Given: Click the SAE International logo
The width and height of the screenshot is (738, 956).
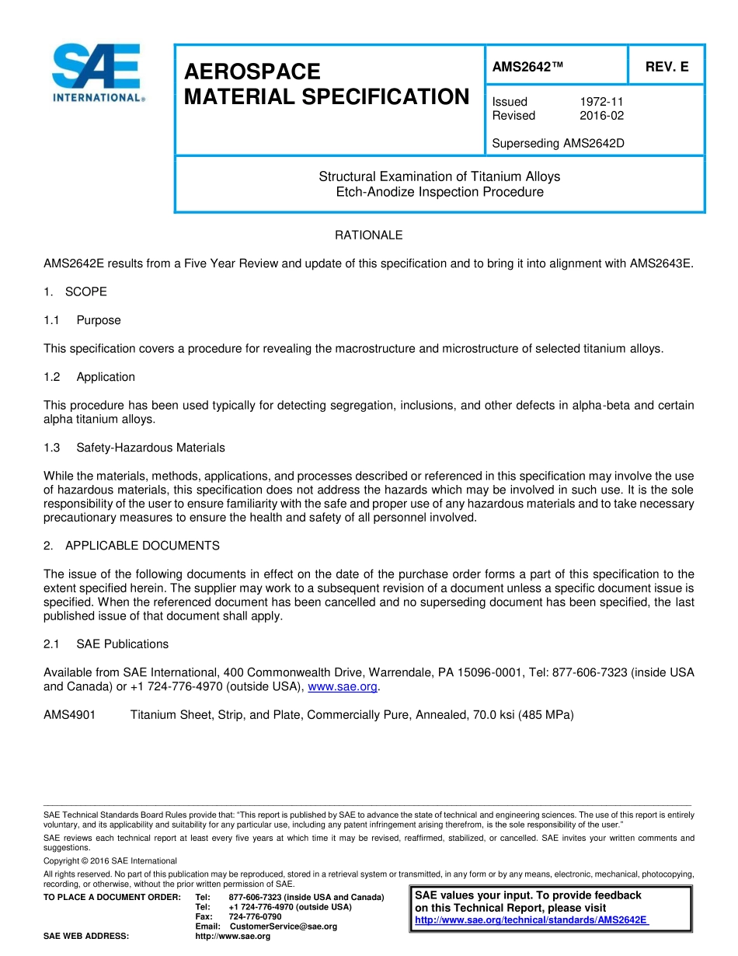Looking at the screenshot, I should (x=96, y=73).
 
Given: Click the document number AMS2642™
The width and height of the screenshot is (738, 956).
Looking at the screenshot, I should (x=527, y=68).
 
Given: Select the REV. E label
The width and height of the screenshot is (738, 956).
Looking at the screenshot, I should (x=667, y=68).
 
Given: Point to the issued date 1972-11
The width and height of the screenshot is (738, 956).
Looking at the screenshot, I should (x=601, y=102).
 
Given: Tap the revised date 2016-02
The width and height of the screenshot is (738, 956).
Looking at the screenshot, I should (x=601, y=116).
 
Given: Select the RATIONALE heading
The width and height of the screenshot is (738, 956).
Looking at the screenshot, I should (x=368, y=235).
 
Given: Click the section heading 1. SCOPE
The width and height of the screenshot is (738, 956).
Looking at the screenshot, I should (x=75, y=292).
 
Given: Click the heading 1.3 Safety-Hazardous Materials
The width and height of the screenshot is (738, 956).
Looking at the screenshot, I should (x=134, y=448).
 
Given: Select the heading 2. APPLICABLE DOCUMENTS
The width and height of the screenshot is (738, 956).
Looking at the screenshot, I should (x=131, y=546).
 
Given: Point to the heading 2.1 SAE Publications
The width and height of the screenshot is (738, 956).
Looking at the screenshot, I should (x=106, y=644).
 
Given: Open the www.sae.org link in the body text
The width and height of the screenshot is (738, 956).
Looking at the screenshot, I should (x=343, y=687).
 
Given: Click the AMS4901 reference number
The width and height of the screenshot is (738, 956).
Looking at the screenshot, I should (x=69, y=715).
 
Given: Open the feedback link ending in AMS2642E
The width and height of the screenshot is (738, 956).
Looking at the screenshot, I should (x=531, y=920).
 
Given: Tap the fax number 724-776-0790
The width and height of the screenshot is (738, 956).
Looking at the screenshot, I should (x=255, y=916).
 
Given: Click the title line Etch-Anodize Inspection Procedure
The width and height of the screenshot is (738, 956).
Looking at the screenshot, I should (x=439, y=192).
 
